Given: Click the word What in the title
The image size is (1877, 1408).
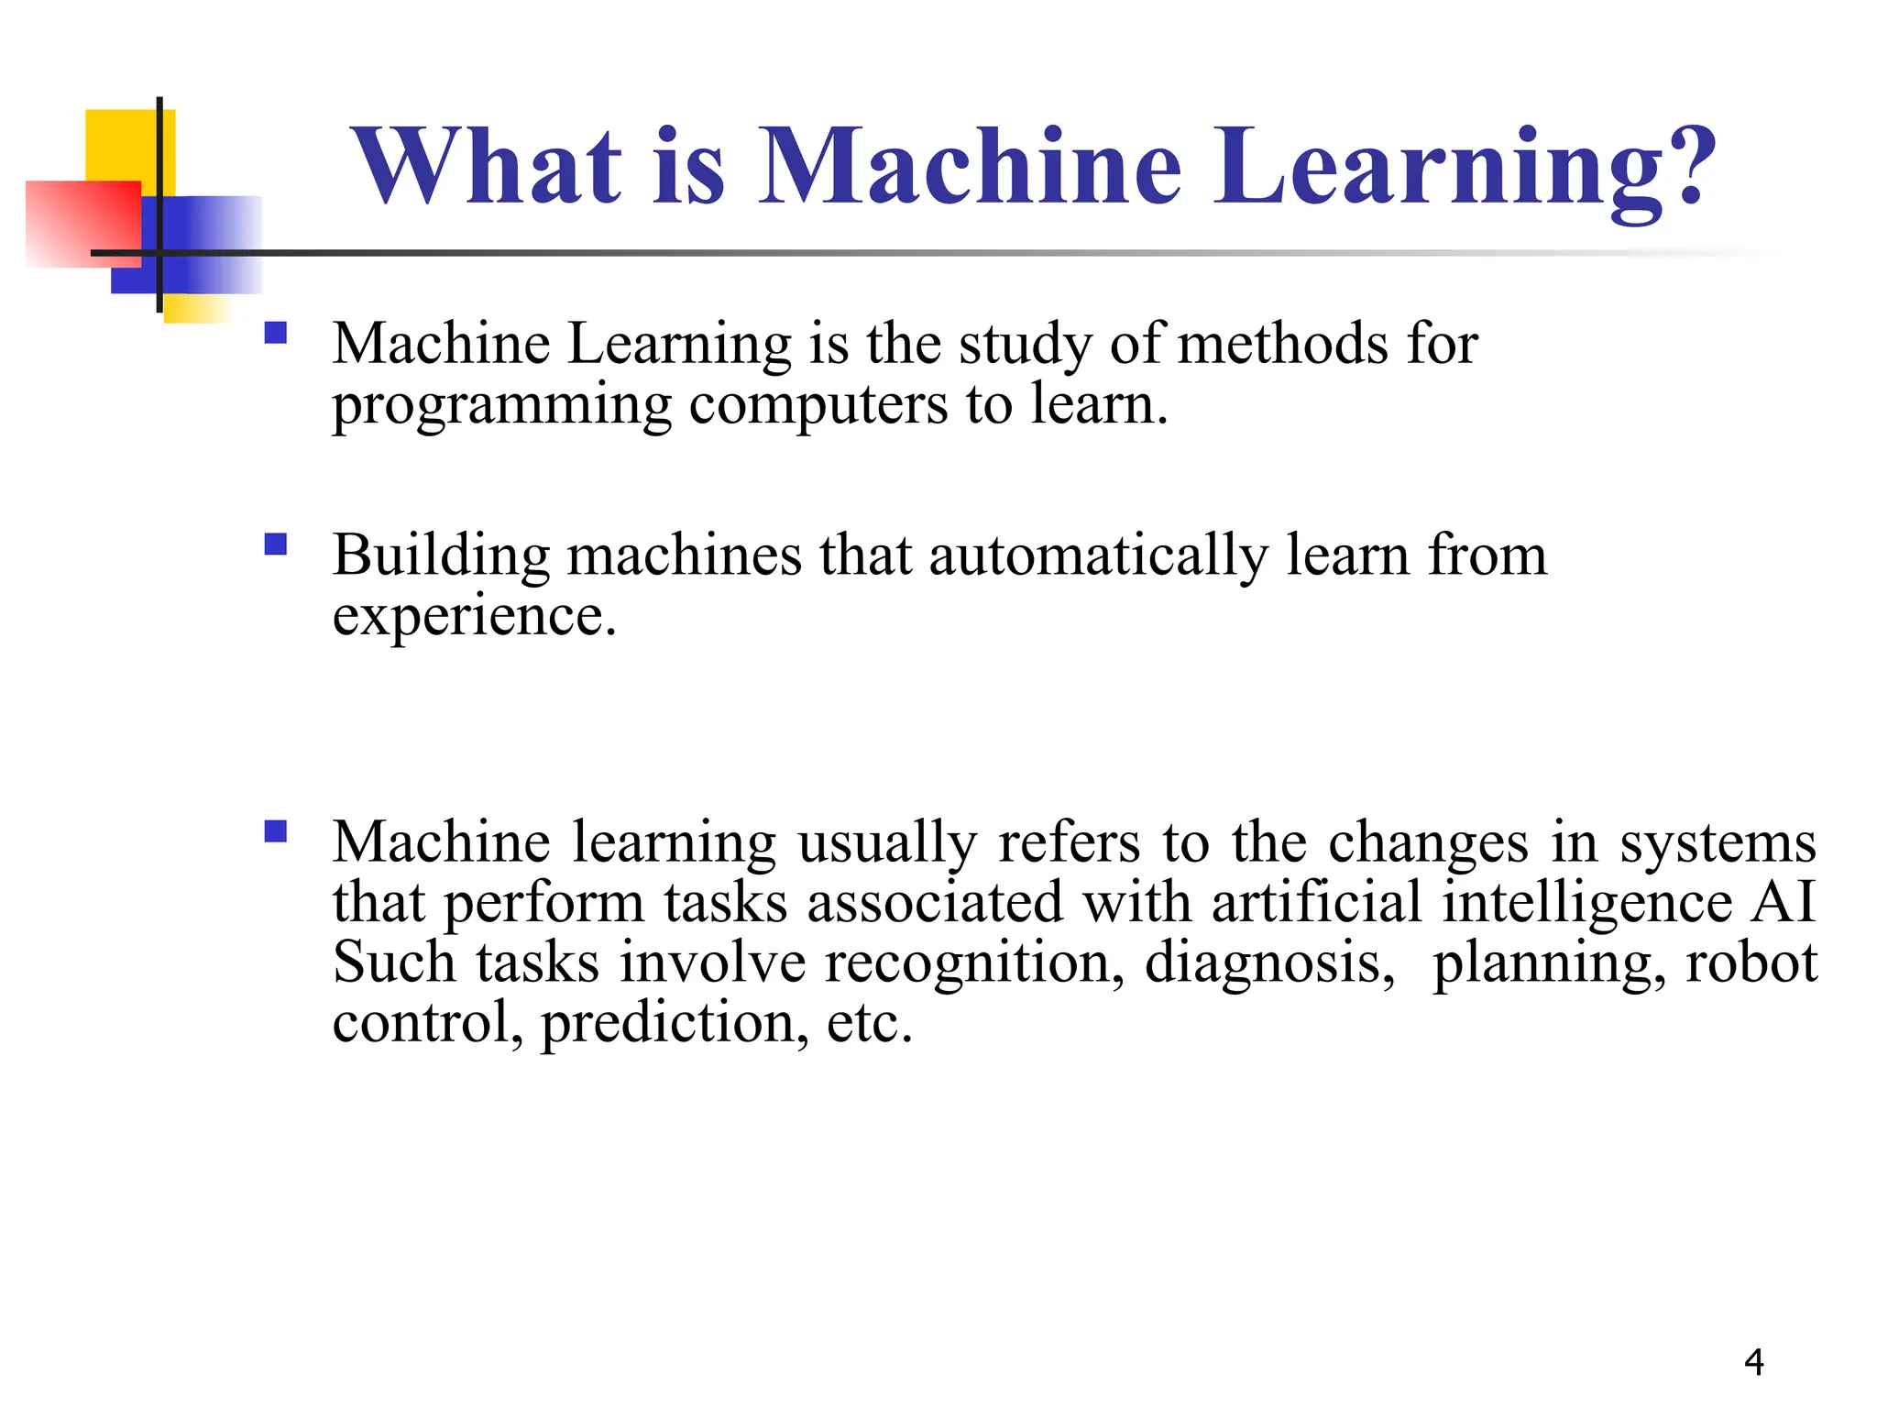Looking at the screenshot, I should tap(488, 167).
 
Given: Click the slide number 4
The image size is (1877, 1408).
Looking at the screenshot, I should tap(1753, 1362).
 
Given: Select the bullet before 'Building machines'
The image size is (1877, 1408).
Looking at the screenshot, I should tap(275, 545).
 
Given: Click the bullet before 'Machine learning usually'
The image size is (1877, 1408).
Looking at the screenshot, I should tap(275, 831).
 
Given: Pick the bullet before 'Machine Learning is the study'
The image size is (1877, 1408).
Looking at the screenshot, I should tap(275, 332).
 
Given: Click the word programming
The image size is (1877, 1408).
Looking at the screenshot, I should tap(501, 406).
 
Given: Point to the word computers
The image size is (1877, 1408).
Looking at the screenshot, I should tap(818, 406).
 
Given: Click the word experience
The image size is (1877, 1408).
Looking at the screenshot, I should tap(474, 617).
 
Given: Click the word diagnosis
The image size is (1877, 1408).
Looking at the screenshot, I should tap(1269, 963).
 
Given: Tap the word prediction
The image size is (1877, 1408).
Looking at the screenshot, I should tap(675, 1023).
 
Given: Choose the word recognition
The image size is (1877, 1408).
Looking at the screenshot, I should tap(974, 963).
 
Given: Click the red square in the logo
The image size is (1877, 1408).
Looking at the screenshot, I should tap(82, 223).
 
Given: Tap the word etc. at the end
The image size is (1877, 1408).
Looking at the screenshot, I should tap(869, 1023).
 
